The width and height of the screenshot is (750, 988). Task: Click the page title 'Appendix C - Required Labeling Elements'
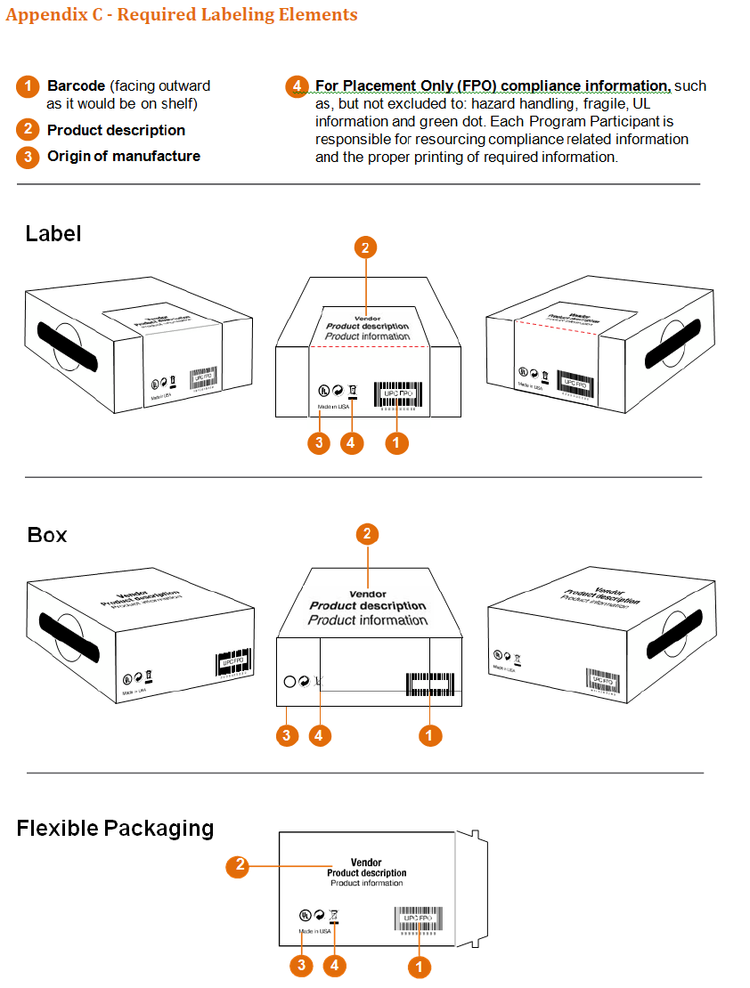click(x=182, y=15)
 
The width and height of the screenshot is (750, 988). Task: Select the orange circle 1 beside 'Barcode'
click(x=28, y=86)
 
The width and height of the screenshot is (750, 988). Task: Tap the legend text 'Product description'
click(x=116, y=130)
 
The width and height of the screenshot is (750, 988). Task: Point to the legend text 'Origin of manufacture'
click(x=123, y=156)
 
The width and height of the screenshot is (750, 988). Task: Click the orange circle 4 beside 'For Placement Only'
click(x=297, y=86)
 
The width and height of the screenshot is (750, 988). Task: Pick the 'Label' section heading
click(x=53, y=233)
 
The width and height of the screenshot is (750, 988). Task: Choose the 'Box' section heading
click(x=47, y=535)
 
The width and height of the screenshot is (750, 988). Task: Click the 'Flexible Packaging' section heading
click(x=115, y=828)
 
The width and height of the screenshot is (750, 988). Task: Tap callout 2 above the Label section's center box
click(x=365, y=247)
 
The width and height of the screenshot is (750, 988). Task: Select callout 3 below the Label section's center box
click(x=319, y=442)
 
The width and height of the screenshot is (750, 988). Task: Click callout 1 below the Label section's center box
click(x=397, y=442)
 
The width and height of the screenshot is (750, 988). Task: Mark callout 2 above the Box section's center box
click(x=368, y=534)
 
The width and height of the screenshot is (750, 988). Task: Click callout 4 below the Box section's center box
click(x=320, y=735)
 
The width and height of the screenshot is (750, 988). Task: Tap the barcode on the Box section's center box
click(x=428, y=684)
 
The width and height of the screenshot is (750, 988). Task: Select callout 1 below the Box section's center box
click(x=430, y=735)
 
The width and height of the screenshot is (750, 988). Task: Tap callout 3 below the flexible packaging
click(x=302, y=965)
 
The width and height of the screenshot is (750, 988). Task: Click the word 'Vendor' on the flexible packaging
click(x=366, y=862)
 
